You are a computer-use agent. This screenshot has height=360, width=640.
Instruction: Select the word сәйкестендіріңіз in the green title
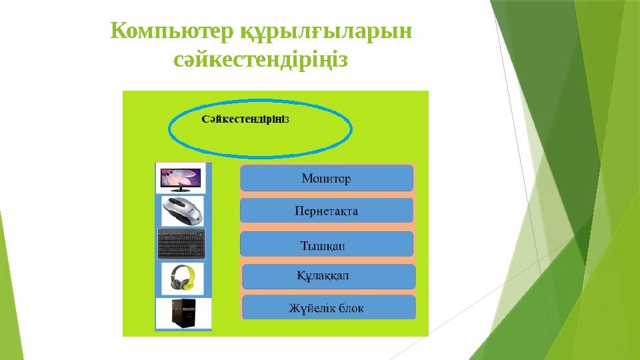point(261,61)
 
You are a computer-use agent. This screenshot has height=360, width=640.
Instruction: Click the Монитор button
point(327,179)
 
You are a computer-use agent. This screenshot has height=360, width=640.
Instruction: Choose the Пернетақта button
point(327,211)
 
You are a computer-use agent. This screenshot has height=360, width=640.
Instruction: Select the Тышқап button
point(327,244)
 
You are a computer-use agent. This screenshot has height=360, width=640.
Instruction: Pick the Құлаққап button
point(328,275)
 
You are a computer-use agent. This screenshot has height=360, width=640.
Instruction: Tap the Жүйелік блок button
point(328,308)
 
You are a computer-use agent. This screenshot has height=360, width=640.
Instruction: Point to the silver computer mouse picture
point(183,210)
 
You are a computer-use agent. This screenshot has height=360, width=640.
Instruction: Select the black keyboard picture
point(183,244)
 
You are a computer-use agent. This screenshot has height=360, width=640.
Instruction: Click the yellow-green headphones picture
point(183,277)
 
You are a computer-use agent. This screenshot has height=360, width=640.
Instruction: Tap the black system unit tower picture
point(183,313)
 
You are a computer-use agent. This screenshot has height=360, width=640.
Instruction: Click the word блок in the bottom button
point(351,308)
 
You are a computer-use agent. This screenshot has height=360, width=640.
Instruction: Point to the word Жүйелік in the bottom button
point(311,308)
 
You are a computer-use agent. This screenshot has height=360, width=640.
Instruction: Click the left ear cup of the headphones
point(175,282)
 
